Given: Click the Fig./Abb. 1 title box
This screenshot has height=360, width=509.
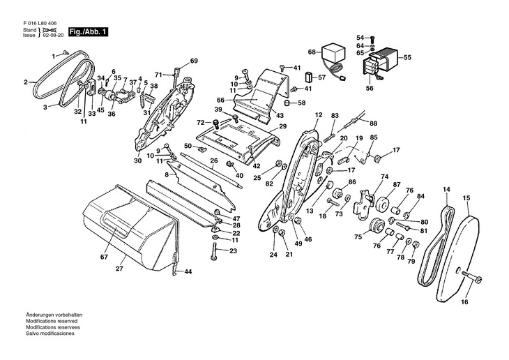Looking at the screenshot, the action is (x=88, y=32).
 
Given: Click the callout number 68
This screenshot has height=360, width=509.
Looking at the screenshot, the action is (x=312, y=52).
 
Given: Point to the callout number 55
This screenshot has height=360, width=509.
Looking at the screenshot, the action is (x=407, y=57).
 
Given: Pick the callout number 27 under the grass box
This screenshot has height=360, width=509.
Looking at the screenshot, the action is (x=119, y=269).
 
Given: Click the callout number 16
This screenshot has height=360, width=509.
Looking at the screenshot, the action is (x=464, y=302).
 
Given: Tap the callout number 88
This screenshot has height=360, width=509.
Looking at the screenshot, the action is (x=373, y=123).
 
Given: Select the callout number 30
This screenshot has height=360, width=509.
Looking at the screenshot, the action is (x=137, y=160).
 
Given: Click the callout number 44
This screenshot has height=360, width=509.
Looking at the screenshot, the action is (x=188, y=271).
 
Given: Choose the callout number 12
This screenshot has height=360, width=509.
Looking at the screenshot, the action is (x=319, y=114).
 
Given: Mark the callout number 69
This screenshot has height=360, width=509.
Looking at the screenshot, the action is (x=194, y=61).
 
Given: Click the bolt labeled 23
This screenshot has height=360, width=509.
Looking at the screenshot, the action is (x=213, y=251).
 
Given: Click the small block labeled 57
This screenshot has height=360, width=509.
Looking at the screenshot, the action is (x=308, y=77).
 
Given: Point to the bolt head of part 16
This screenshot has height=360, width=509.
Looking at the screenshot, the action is (x=478, y=280).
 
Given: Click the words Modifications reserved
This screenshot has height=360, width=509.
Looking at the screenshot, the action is (x=52, y=321).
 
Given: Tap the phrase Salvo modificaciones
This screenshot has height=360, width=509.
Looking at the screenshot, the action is (x=50, y=333).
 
